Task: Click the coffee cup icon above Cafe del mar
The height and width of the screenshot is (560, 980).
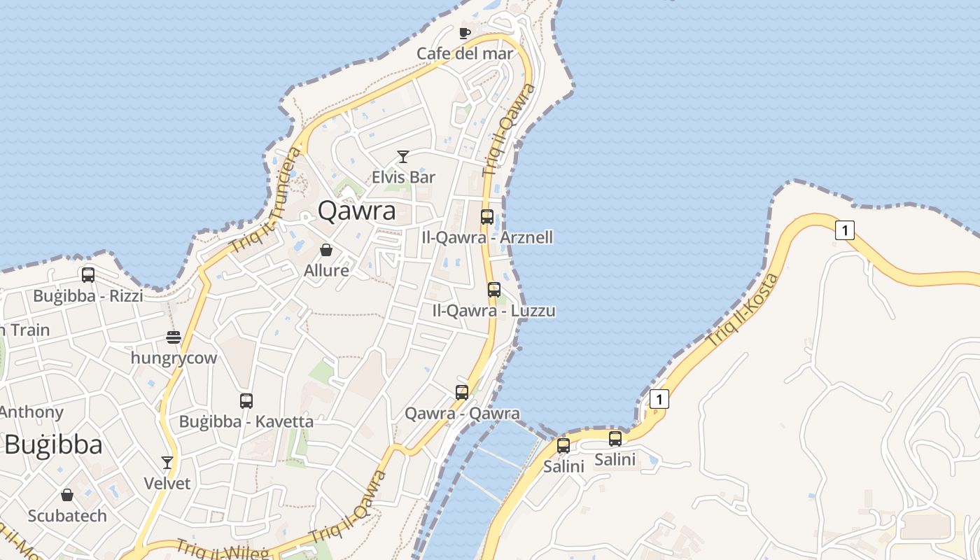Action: point(464,33)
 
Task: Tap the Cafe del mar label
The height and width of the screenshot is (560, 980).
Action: point(465,53)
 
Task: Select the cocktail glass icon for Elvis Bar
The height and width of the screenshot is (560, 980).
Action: point(403,157)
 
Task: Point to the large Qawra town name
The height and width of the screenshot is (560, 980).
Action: point(356,211)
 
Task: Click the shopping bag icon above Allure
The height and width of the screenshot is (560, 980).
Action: point(326,250)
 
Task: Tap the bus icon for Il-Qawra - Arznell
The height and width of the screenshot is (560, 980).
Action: point(487,217)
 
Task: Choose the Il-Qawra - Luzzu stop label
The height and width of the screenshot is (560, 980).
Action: point(494,310)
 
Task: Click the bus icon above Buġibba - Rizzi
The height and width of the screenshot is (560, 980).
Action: point(88,275)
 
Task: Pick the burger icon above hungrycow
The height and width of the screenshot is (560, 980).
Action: point(174,337)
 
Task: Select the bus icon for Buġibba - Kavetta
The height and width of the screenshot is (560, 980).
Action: point(246,401)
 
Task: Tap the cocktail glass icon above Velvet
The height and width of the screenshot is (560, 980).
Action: point(167,463)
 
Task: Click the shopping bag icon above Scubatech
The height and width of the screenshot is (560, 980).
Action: point(67,496)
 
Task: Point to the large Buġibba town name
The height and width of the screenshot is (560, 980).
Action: point(53,445)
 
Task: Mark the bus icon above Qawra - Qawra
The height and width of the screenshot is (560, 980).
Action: point(462,393)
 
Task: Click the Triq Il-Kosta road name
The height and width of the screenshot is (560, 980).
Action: point(743,310)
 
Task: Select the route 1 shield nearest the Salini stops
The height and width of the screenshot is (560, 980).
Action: point(659,399)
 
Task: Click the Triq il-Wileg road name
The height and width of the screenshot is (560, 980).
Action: point(222,550)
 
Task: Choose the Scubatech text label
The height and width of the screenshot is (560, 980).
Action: point(67,516)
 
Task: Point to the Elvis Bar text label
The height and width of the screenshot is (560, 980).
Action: point(403,177)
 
